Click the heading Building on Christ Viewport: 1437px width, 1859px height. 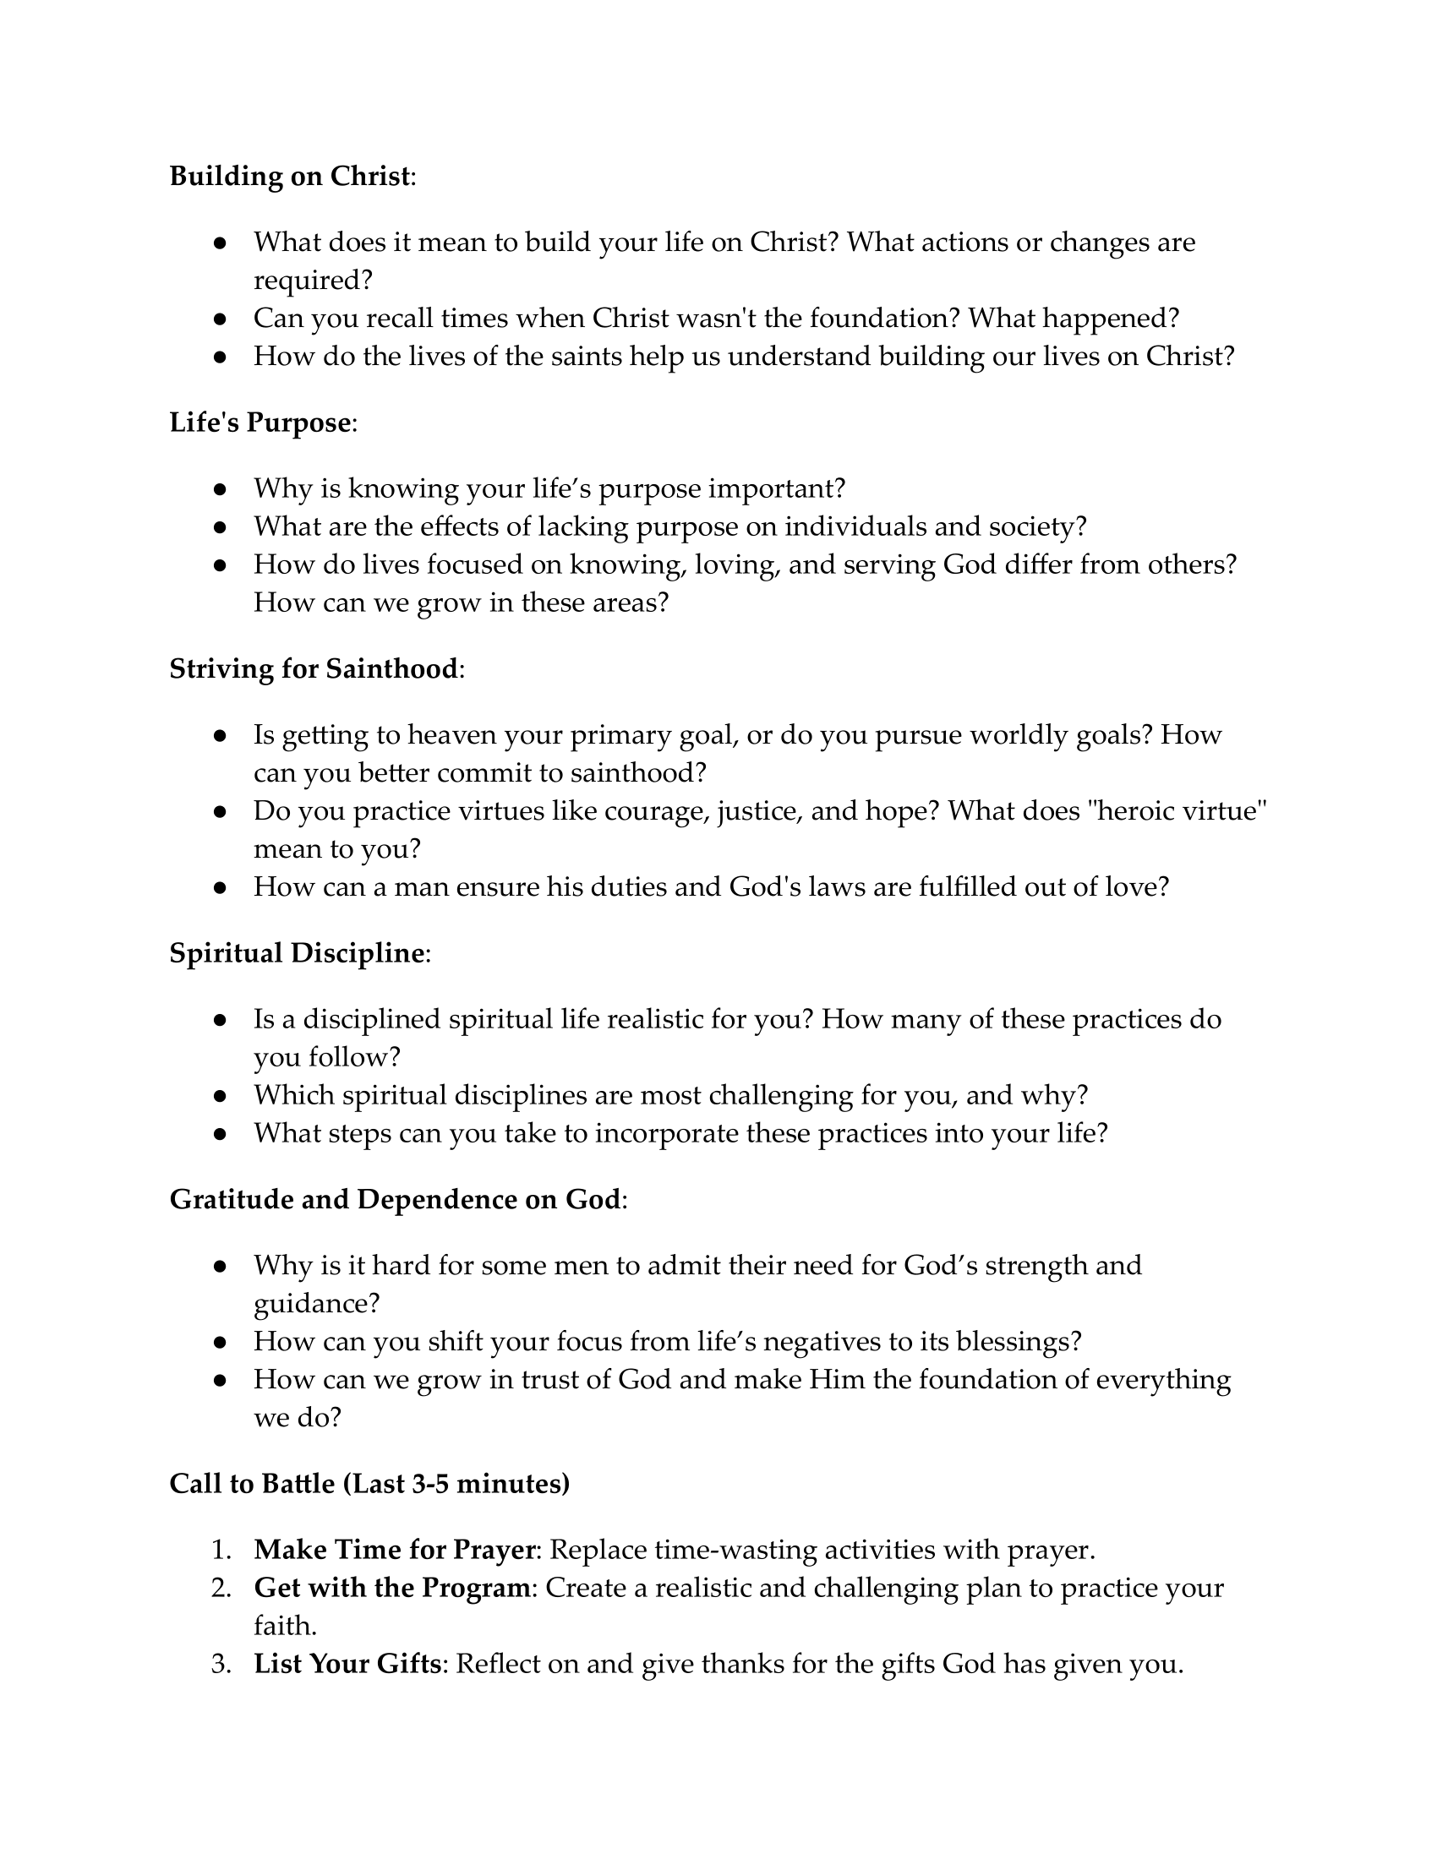pos(290,177)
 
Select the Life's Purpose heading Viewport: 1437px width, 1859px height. pos(260,422)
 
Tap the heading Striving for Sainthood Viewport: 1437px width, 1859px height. pos(314,668)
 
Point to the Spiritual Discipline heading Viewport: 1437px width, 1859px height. pos(297,952)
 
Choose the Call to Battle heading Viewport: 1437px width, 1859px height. pos(369,1483)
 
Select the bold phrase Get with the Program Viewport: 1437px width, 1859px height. pos(391,1588)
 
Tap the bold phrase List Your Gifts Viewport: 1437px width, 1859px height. pos(347,1663)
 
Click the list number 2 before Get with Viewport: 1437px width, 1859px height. pos(221,1588)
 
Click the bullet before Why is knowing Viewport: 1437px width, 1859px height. pos(220,489)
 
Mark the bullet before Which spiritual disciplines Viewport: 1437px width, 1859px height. pos(220,1095)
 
